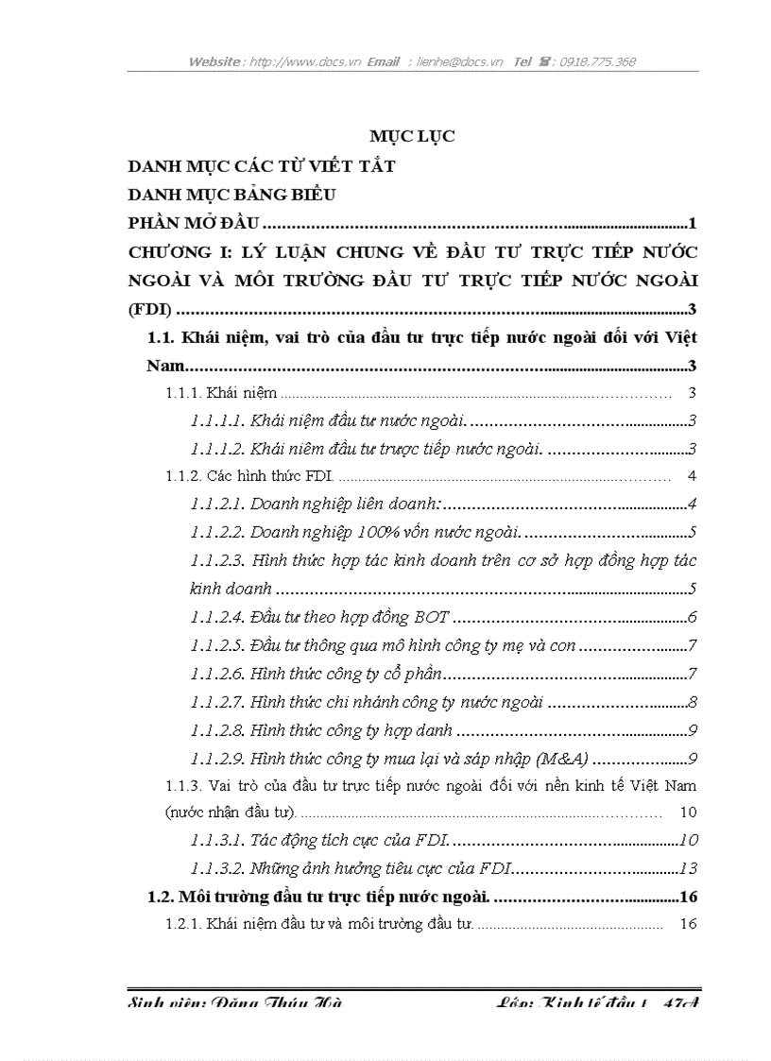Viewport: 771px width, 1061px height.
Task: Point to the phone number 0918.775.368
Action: coord(597,62)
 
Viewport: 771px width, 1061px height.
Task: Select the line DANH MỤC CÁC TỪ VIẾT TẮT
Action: coord(261,166)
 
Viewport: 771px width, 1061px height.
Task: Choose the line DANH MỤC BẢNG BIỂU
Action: coord(233,196)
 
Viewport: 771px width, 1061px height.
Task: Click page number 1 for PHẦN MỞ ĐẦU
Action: coord(693,224)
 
